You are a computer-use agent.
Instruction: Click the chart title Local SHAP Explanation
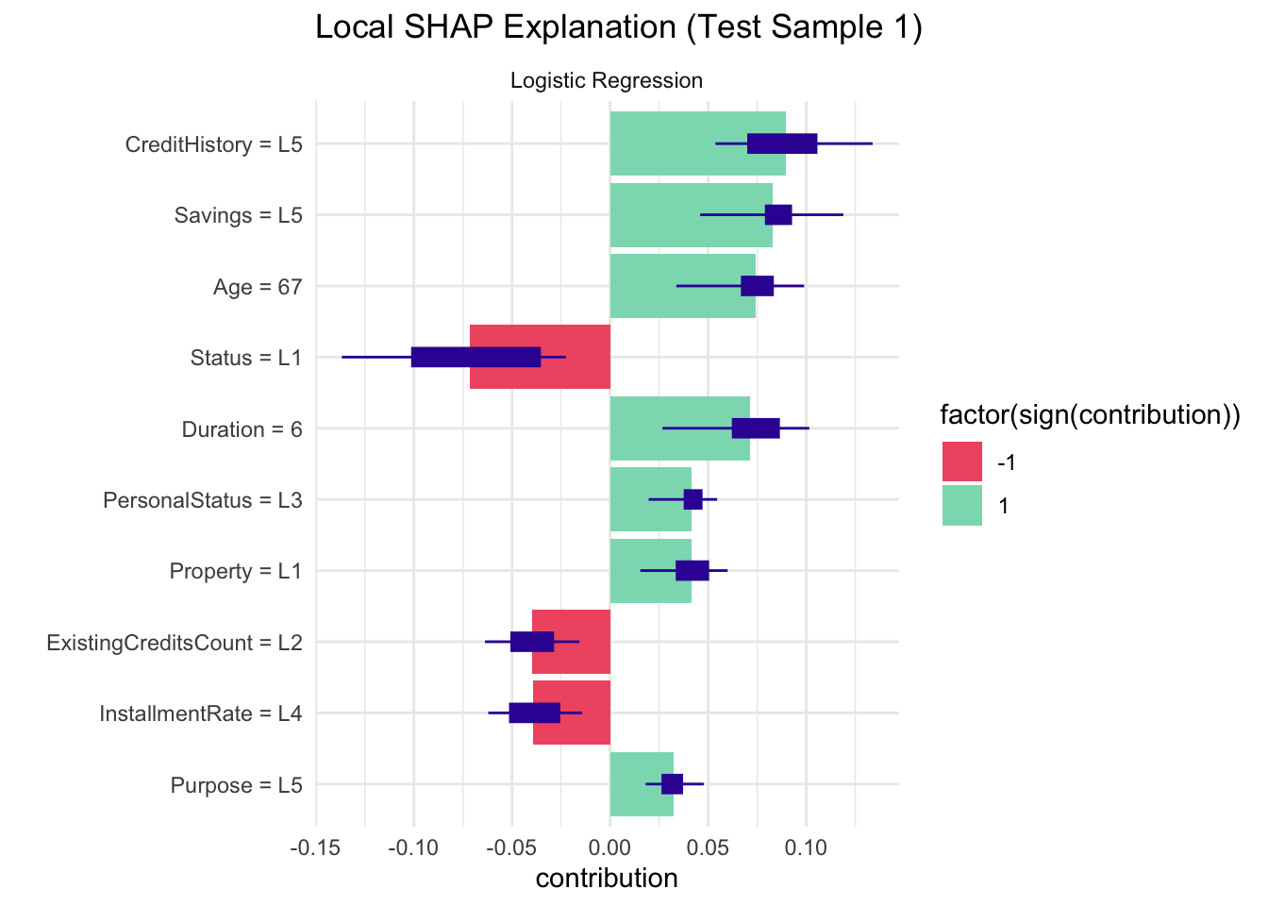618,27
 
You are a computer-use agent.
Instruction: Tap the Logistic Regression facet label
607,80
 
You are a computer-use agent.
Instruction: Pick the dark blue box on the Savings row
778,215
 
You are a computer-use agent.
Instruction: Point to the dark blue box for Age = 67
757,286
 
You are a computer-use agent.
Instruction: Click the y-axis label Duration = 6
242,429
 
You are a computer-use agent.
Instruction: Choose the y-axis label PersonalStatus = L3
203,500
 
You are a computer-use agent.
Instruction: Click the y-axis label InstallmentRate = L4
201,713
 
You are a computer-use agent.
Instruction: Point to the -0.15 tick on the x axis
315,847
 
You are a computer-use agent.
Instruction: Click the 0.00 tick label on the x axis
610,847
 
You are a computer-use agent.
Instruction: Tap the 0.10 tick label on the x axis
806,847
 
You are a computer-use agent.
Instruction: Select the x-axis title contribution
607,879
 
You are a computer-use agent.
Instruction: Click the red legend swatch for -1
962,461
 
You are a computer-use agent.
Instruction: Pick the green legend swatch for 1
962,506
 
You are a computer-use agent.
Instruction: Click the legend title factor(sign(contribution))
1090,415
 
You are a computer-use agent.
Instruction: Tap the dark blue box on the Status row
476,357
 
